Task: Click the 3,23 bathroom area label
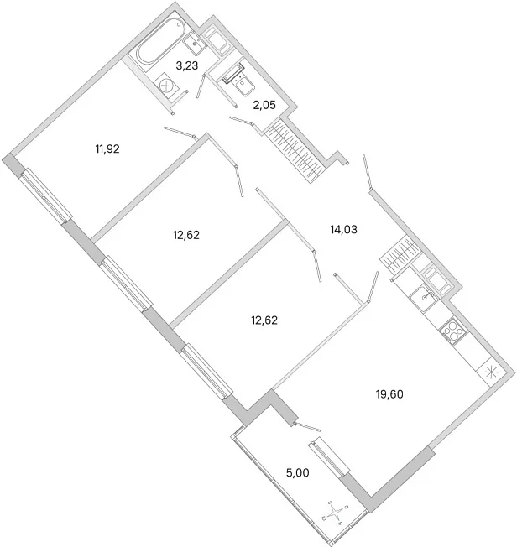[187, 65]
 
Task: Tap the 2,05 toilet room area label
[264, 105]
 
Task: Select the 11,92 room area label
[107, 149]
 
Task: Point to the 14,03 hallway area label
[343, 229]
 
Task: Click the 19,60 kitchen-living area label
[389, 394]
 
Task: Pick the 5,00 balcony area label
[297, 472]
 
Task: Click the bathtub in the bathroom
[159, 41]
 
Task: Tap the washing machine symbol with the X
[166, 85]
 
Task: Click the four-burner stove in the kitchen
[452, 331]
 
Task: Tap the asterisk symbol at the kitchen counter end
[491, 372]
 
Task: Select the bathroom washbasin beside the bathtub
[194, 43]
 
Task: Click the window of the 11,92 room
[45, 195]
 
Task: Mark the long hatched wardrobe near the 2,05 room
[295, 151]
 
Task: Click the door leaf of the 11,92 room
[179, 132]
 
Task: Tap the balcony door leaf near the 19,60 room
[307, 427]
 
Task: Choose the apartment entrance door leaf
[367, 172]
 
